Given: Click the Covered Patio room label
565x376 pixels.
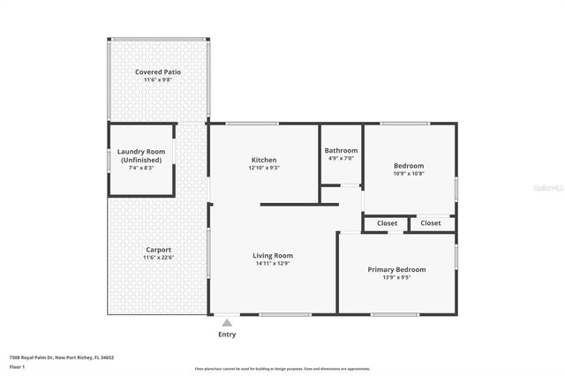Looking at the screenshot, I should tap(158, 71).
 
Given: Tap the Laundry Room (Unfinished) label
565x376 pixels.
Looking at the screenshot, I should tap(141, 155).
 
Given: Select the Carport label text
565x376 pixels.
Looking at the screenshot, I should tap(158, 250).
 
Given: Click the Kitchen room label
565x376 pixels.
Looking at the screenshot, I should tap(264, 160).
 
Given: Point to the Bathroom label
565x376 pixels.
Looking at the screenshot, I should tap(341, 151).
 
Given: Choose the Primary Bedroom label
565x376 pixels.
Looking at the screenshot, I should tap(396, 269).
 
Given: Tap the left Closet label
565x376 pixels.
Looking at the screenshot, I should tap(387, 223).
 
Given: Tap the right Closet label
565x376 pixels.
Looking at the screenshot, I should tap(431, 223).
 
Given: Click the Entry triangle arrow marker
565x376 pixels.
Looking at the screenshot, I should tap(227, 323).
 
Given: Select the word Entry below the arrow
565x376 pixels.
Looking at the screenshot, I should tap(227, 335).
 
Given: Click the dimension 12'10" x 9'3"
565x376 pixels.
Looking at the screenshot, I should tap(264, 168).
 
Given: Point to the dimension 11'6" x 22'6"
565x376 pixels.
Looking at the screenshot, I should tap(158, 258).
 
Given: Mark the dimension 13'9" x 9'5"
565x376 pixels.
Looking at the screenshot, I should tap(396, 277).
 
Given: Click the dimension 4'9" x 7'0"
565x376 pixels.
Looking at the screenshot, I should tap(341, 159).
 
